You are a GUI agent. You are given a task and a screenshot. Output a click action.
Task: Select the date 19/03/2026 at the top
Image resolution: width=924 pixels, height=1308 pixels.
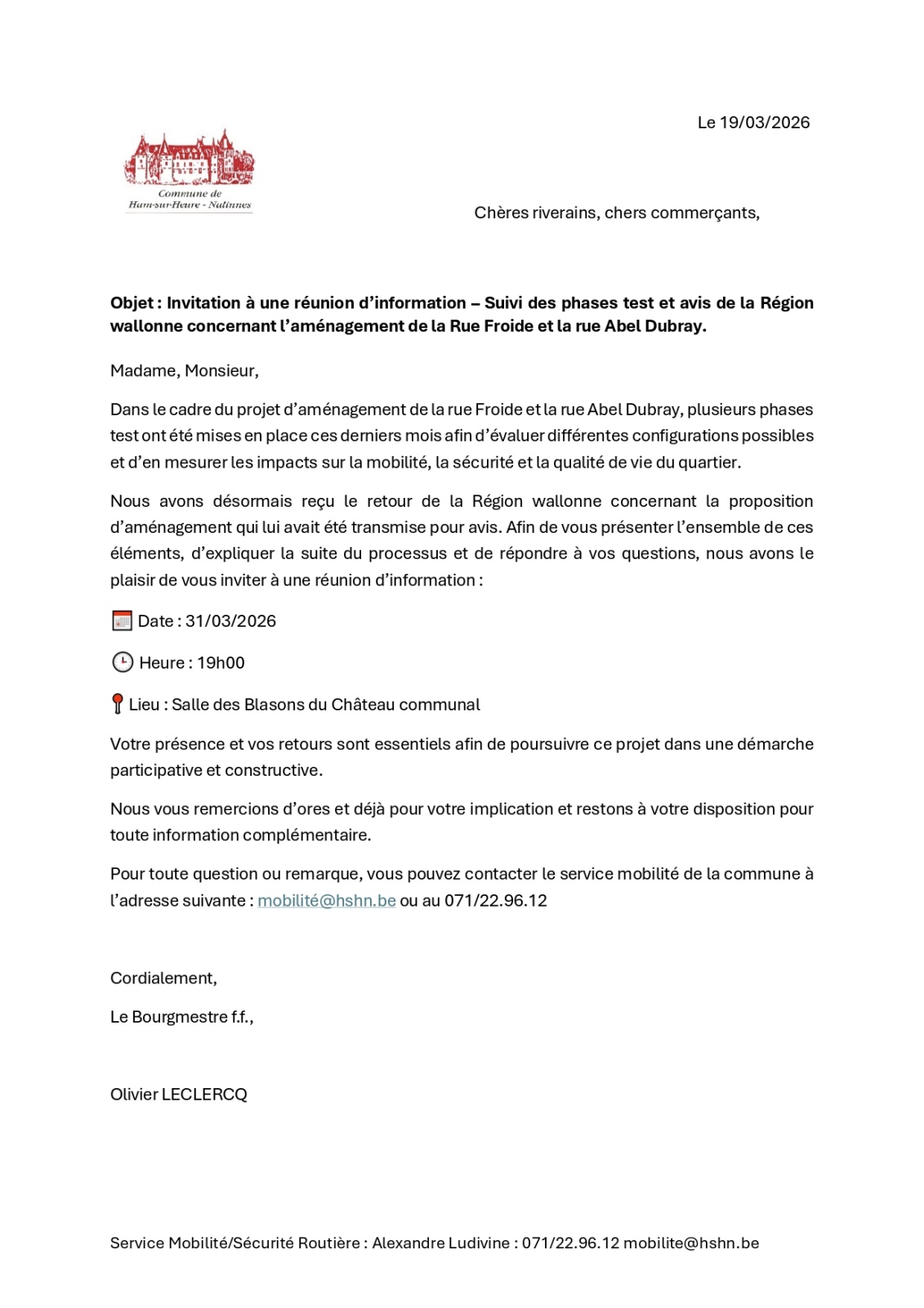(x=765, y=123)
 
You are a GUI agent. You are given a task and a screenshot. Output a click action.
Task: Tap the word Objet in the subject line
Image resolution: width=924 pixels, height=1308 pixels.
(x=132, y=303)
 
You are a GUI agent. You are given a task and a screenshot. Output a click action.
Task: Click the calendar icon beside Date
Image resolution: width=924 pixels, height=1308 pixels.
(x=122, y=621)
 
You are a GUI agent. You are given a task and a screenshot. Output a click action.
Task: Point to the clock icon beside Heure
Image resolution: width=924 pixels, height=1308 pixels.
(x=123, y=662)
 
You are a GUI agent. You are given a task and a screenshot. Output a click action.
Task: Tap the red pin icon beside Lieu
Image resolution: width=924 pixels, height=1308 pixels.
(x=118, y=704)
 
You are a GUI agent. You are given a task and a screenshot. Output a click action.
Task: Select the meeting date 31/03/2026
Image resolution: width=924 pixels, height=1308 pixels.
(x=230, y=621)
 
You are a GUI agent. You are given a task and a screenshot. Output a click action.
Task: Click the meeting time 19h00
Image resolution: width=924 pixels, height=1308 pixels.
(x=221, y=663)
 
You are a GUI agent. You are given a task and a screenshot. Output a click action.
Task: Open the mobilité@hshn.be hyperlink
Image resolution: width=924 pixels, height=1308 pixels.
(x=327, y=901)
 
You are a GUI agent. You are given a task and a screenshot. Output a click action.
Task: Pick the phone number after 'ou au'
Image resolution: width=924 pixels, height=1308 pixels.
(x=496, y=901)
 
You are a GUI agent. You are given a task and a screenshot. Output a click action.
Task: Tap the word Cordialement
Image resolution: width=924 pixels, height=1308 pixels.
(x=163, y=979)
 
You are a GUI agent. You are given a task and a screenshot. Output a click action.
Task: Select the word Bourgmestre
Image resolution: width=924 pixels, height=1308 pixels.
(x=180, y=1017)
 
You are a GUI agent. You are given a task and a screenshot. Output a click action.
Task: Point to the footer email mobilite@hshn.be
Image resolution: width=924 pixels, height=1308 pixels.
(x=691, y=1243)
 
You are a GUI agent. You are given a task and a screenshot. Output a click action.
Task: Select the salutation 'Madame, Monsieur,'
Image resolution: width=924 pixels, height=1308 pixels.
(x=185, y=371)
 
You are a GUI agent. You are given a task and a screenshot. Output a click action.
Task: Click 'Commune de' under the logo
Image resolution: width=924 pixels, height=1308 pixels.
(x=190, y=194)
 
